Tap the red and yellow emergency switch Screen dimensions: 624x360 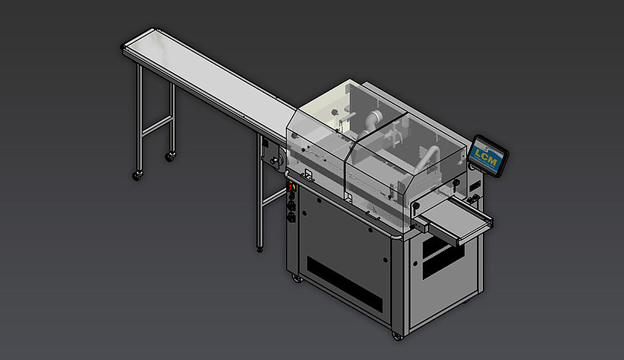(291, 186)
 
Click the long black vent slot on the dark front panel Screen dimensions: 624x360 (344, 284)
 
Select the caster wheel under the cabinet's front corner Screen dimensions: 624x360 (397, 336)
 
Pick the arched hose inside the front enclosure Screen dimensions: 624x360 (429, 157)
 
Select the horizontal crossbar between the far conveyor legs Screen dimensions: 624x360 (157, 125)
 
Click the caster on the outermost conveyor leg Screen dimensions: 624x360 (137, 176)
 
